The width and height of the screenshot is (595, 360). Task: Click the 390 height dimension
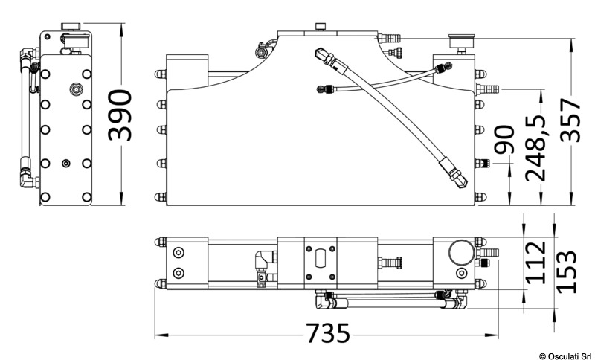(x=120, y=115)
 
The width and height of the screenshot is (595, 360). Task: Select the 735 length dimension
(x=327, y=333)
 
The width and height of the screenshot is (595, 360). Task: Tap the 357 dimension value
(x=570, y=120)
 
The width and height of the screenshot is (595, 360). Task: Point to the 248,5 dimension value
(x=535, y=147)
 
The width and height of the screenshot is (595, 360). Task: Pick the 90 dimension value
(x=505, y=139)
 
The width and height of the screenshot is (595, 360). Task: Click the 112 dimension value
(x=535, y=263)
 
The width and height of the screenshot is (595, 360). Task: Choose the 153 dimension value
(x=566, y=271)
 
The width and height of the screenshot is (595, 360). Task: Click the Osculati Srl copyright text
(x=565, y=356)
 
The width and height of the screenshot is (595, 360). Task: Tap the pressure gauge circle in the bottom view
(x=461, y=251)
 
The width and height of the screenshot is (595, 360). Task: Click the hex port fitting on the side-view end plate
(x=77, y=89)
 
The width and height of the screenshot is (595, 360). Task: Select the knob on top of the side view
(x=71, y=27)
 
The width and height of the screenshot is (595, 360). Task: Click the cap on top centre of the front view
(x=321, y=27)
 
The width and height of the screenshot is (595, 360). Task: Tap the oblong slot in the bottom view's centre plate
(x=321, y=257)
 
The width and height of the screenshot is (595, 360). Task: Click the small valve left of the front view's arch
(x=261, y=51)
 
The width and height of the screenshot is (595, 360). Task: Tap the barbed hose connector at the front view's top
(x=389, y=38)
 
